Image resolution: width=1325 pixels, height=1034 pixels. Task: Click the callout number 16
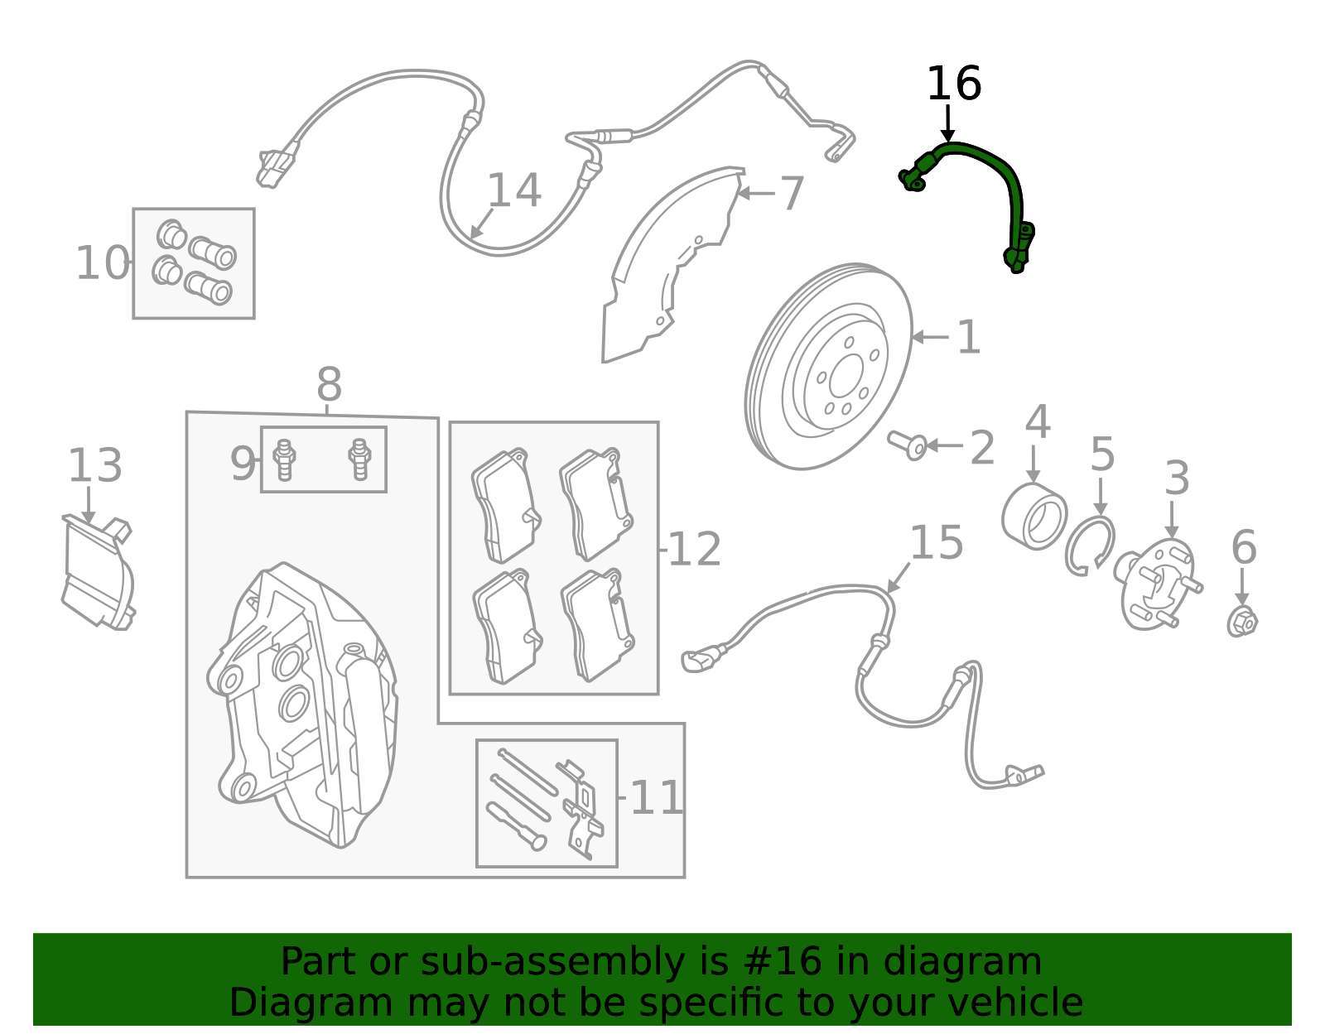(953, 84)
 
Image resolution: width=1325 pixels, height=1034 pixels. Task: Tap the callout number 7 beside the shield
(792, 194)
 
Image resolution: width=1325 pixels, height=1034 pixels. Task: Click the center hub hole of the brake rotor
(845, 377)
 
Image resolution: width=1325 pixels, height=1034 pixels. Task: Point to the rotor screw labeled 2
(908, 445)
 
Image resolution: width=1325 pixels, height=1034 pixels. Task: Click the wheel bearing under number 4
(1033, 517)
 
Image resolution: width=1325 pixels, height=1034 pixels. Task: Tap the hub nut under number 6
(1241, 621)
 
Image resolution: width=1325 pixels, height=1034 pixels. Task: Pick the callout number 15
(936, 543)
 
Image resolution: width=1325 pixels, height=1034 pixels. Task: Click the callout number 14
(513, 191)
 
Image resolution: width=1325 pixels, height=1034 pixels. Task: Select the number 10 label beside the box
(102, 263)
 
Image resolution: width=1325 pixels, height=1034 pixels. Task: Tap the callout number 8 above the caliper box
(329, 386)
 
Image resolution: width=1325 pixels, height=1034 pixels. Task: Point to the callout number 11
(656, 799)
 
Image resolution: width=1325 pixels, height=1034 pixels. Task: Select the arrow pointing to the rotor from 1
(929, 337)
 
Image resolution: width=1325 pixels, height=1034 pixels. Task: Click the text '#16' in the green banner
(783, 962)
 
